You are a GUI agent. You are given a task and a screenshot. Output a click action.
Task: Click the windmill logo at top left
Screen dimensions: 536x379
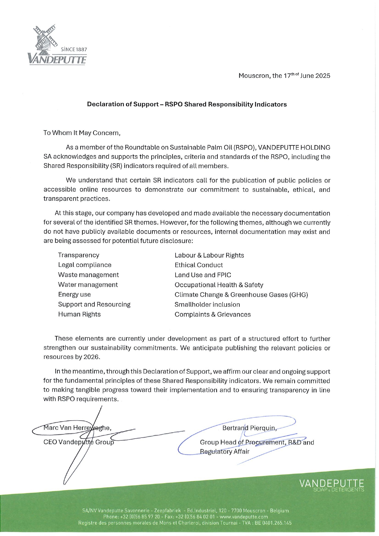click(46, 38)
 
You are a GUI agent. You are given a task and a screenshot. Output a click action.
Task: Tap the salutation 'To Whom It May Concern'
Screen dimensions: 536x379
click(82, 133)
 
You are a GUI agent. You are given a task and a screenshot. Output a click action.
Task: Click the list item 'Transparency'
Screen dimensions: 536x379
click(78, 255)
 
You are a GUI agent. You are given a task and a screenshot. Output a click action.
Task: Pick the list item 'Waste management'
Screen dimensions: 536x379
click(88, 275)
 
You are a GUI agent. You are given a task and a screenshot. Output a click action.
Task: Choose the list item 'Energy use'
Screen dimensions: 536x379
click(74, 294)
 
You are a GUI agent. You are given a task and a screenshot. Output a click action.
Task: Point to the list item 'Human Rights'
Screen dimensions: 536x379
click(79, 314)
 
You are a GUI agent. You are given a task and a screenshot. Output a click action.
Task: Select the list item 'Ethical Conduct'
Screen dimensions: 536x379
click(199, 265)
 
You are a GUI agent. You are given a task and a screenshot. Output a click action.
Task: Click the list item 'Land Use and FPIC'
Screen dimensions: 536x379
click(203, 275)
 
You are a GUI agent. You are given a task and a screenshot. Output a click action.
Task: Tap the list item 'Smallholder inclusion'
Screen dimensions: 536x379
click(207, 304)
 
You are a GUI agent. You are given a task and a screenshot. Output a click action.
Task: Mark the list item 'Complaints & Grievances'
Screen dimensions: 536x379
click(213, 314)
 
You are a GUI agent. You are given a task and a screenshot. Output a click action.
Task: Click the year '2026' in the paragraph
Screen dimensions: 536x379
click(92, 357)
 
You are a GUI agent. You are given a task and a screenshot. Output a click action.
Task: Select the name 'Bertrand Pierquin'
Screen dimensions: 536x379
click(249, 428)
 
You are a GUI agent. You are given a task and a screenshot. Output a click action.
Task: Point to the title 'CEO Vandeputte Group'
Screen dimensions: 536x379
click(78, 442)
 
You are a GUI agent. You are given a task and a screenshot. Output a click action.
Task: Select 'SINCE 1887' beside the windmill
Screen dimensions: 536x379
click(74, 49)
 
